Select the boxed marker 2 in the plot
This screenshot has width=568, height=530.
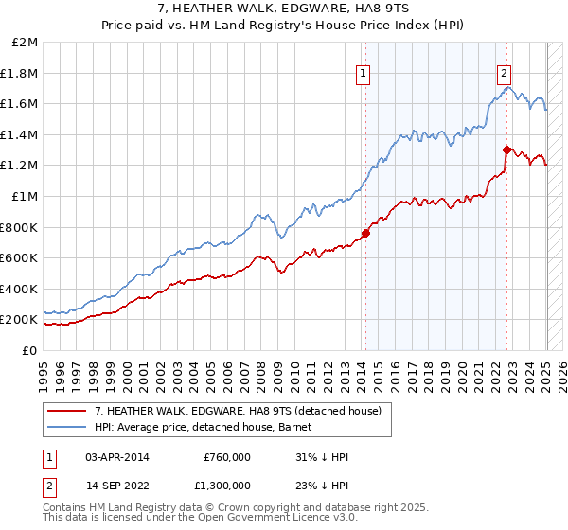click(x=504, y=73)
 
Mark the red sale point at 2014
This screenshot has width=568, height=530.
click(x=365, y=233)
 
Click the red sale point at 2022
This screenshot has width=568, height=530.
click(x=507, y=150)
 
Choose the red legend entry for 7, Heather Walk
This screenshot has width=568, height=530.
click(x=237, y=411)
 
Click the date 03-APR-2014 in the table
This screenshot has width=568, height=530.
click(x=116, y=457)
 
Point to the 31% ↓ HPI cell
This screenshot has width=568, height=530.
click(x=323, y=457)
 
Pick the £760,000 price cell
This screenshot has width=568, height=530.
click(x=226, y=457)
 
